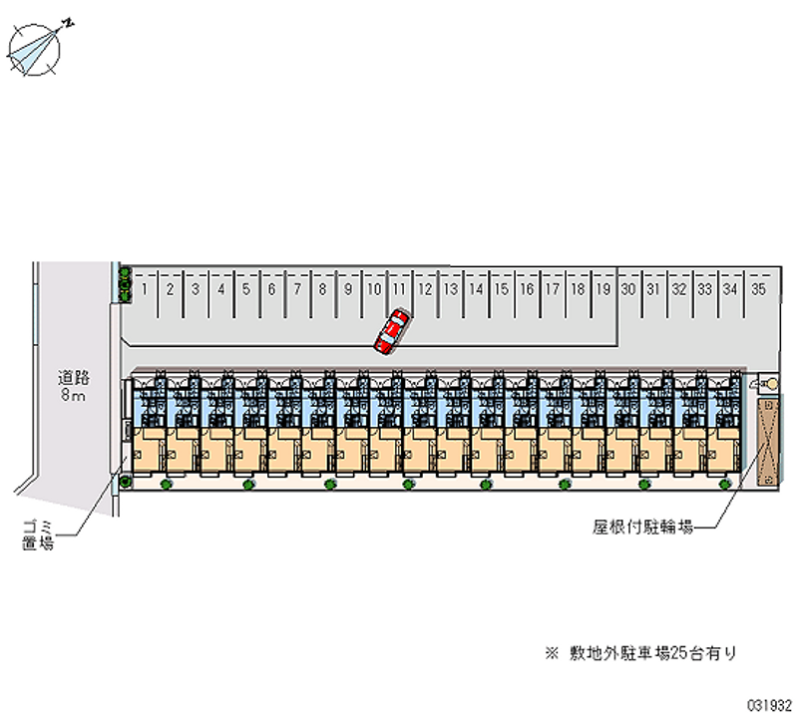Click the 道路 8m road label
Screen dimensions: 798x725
coord(73,386)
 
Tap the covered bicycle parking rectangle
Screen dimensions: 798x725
coord(769,444)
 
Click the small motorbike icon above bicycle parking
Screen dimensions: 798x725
coord(769,383)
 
